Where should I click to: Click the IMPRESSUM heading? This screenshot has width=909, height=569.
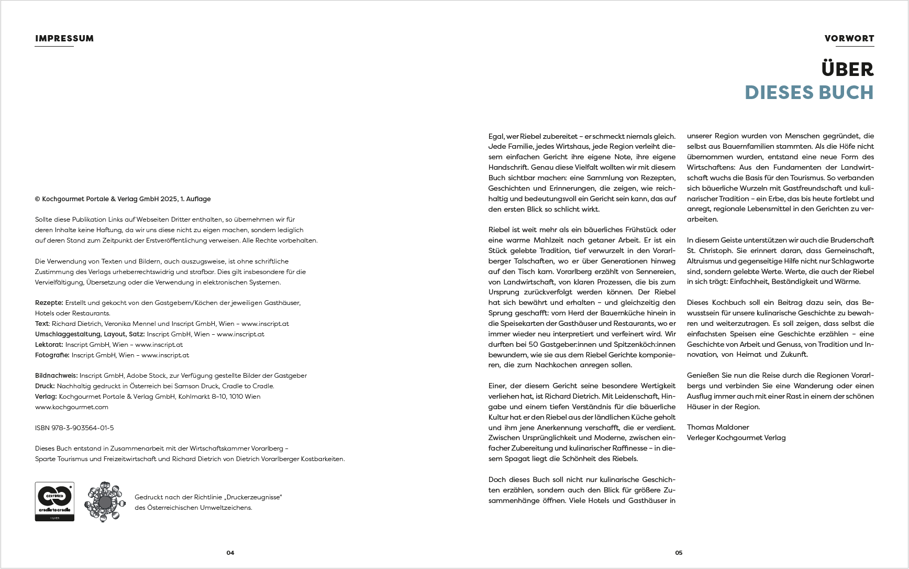coord(64,38)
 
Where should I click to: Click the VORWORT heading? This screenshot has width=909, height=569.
coord(849,38)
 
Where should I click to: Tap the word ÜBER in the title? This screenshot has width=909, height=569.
coord(847,70)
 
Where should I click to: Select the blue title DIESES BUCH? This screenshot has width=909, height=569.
coord(809,93)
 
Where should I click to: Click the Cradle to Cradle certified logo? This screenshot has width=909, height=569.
coord(54,501)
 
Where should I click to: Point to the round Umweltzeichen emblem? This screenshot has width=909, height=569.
coord(105,502)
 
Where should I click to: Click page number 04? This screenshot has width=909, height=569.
coord(230,553)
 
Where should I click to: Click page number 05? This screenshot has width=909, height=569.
coord(679,553)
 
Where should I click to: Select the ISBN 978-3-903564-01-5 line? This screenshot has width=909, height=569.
coord(74,428)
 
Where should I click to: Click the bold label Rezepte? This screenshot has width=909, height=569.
coord(49,303)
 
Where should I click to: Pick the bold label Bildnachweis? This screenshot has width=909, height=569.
coord(57,376)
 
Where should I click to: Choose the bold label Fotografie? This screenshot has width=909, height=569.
coord(52,355)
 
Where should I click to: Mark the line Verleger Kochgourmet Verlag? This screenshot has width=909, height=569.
coord(736,437)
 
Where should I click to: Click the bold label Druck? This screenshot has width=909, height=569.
coord(45,386)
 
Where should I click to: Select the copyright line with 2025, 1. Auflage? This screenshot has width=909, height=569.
coord(123,199)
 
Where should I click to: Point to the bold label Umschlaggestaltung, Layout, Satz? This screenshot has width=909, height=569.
coord(90,334)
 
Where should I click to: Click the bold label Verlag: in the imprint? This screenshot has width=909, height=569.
coord(46,397)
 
